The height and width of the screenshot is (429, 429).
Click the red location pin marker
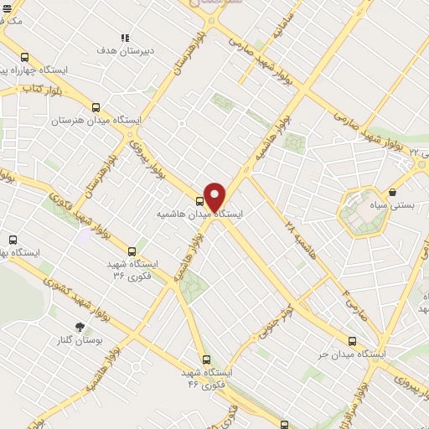pyautogui.click(x=214, y=197)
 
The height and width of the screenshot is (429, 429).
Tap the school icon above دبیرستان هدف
pyautogui.click(x=125, y=38)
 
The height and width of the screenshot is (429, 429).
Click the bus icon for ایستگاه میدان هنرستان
pyautogui.click(x=96, y=107)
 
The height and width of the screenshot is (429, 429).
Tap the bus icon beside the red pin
pyautogui.click(x=199, y=201)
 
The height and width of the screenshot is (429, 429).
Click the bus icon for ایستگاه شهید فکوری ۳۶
pyautogui.click(x=132, y=251)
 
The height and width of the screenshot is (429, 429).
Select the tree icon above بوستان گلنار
pyautogui.click(x=80, y=326)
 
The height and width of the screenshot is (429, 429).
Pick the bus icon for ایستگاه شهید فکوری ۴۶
pyautogui.click(x=207, y=359)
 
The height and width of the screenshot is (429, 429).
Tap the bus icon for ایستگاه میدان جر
pyautogui.click(x=352, y=341)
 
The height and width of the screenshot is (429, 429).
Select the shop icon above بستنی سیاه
pyautogui.click(x=392, y=193)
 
